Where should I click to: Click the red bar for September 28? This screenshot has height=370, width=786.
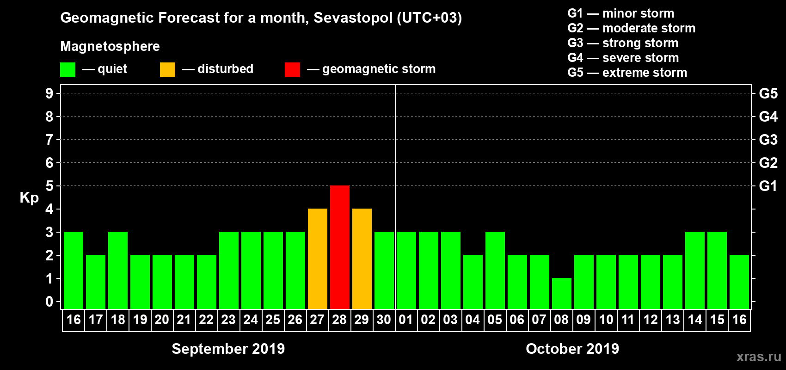(340, 247)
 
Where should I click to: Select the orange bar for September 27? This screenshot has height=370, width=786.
(318, 259)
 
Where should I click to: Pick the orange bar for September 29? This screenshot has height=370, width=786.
(362, 259)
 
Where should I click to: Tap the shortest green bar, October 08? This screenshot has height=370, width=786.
(562, 293)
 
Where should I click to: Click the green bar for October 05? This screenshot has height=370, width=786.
(495, 270)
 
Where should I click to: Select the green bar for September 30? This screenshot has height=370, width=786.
(384, 270)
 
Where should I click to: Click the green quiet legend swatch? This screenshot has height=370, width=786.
(68, 70)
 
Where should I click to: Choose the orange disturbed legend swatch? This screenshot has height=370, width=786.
(167, 70)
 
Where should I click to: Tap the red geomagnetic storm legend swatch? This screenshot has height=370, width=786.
(292, 70)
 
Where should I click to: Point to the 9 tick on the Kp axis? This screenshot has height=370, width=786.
(49, 93)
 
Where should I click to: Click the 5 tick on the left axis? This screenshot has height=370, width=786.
(49, 186)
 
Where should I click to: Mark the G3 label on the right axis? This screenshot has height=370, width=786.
(768, 140)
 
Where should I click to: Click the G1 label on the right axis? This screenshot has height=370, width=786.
(768, 186)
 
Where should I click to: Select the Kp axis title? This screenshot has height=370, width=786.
(29, 197)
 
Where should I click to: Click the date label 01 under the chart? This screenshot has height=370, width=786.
(406, 320)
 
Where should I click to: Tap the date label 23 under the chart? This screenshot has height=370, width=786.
(228, 320)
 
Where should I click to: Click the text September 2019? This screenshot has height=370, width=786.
(228, 349)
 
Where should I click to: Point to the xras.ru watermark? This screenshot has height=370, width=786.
(759, 357)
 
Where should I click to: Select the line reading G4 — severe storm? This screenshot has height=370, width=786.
(623, 58)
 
